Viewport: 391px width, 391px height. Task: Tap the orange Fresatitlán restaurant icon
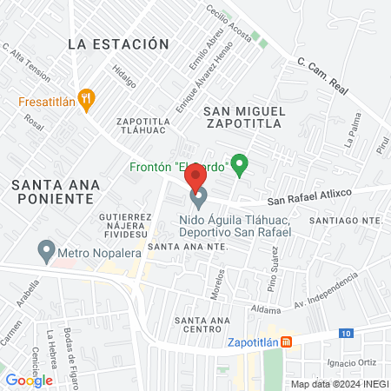coord(85,98)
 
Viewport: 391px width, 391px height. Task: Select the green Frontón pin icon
coord(241,163)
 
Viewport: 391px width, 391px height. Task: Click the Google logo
coord(29,380)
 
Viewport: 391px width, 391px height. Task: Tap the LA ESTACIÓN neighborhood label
coord(117,43)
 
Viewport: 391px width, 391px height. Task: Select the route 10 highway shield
coord(348,333)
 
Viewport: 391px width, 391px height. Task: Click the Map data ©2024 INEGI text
coord(339,383)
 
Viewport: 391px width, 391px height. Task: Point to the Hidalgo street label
coord(126,78)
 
